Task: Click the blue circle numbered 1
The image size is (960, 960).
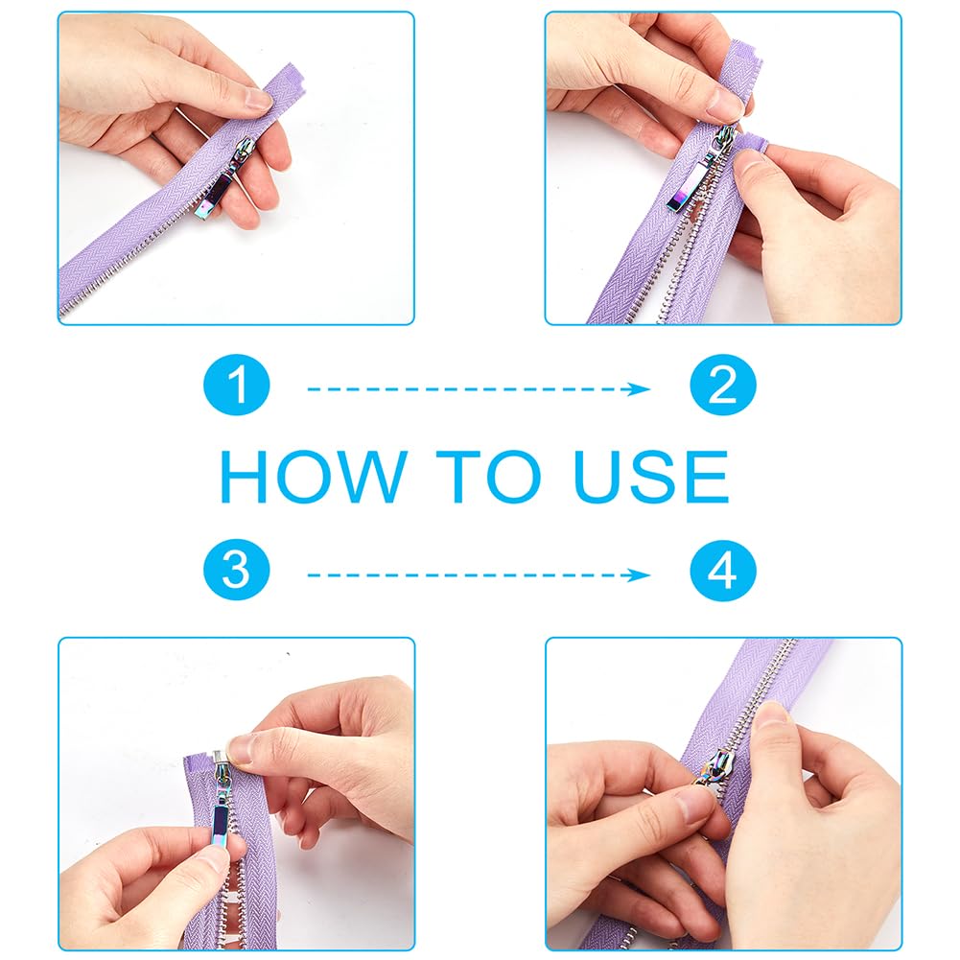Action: (236, 385)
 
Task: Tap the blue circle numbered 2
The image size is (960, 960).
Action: (723, 385)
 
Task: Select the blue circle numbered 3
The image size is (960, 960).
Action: (236, 570)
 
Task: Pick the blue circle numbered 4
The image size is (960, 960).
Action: (723, 570)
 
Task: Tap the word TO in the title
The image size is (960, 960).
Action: (488, 477)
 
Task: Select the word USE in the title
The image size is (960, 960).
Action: (651, 477)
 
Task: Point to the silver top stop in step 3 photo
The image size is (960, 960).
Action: (219, 760)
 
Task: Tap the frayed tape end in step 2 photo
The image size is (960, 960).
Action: (753, 145)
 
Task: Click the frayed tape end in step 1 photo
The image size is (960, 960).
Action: (288, 83)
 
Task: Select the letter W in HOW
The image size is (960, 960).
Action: (367, 477)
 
